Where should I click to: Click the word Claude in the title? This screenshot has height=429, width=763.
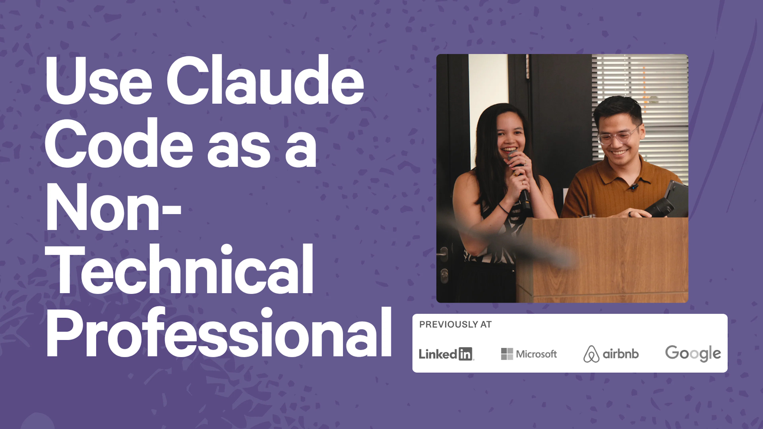pos(265,80)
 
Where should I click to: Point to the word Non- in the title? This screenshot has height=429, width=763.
pos(112,207)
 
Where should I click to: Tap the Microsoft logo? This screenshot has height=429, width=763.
pos(529,354)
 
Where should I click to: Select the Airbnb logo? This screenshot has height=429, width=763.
pos(611,354)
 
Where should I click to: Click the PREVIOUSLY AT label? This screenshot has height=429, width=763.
pos(455,325)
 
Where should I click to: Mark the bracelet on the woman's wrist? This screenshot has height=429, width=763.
pos(503,208)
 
